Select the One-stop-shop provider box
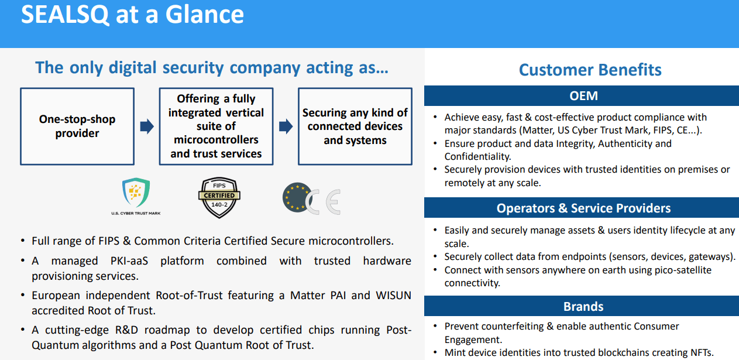pyautogui.click(x=77, y=126)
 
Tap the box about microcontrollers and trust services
pyautogui.click(x=216, y=126)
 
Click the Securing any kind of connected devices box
pyautogui.click(x=355, y=126)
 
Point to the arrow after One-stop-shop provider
pyautogui.click(x=147, y=126)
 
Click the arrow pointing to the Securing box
pyautogui.click(x=286, y=126)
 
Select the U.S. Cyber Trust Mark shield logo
pyautogui.click(x=135, y=194)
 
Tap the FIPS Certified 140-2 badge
pyautogui.click(x=219, y=197)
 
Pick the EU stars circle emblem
pyautogui.click(x=296, y=197)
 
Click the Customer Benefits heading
pyautogui.click(x=590, y=70)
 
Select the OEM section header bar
pyautogui.click(x=583, y=96)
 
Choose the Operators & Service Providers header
pyautogui.click(x=583, y=208)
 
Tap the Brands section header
pyautogui.click(x=583, y=307)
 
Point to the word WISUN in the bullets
pyautogui.click(x=393, y=295)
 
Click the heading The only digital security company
pyautogui.click(x=212, y=67)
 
